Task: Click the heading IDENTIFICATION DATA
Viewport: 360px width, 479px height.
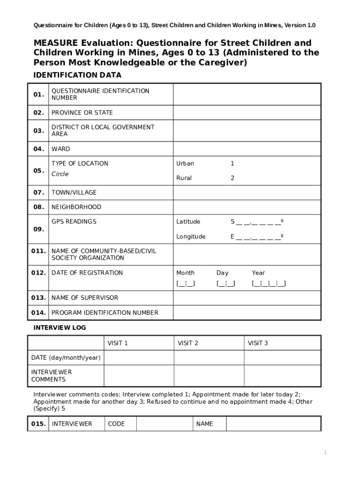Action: click(77, 75)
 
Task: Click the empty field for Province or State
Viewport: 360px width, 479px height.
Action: click(247, 113)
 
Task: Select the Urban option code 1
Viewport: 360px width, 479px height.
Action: click(232, 164)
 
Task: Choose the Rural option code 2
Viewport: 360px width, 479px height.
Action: click(232, 178)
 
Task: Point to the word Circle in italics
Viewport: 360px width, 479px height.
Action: click(60, 174)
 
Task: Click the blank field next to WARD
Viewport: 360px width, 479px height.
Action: click(247, 149)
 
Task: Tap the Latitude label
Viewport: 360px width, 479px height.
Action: click(188, 222)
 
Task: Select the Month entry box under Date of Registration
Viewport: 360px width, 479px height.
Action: click(186, 283)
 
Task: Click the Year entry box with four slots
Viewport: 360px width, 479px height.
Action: click(269, 283)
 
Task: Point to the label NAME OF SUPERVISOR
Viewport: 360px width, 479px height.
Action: click(85, 298)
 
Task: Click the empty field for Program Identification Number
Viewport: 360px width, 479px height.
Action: click(247, 312)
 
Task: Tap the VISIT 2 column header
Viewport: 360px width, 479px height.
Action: click(188, 343)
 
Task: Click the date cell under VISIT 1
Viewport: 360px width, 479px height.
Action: click(139, 358)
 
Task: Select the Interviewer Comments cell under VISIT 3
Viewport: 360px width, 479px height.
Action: click(282, 376)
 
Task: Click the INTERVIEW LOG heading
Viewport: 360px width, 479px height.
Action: click(59, 328)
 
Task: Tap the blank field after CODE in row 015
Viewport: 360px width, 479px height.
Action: click(165, 424)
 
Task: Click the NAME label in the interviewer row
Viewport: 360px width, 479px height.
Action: click(204, 424)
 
